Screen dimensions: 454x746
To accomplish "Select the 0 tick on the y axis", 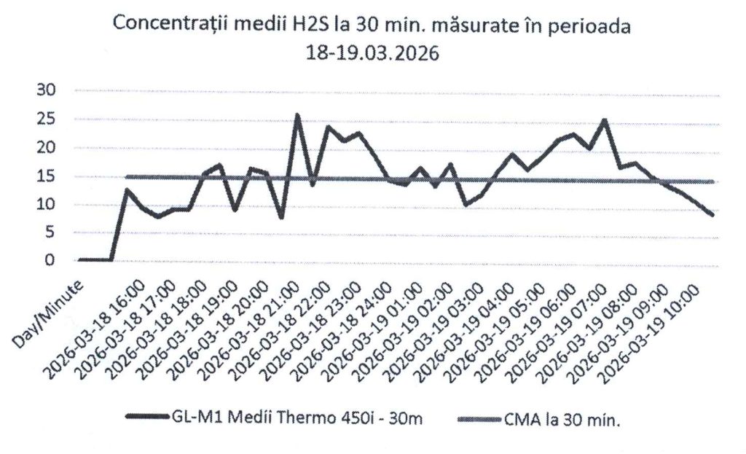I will point(51,260).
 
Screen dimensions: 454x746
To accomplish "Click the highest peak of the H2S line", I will point(297,115).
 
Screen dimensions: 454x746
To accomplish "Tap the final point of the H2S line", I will point(712,215).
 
